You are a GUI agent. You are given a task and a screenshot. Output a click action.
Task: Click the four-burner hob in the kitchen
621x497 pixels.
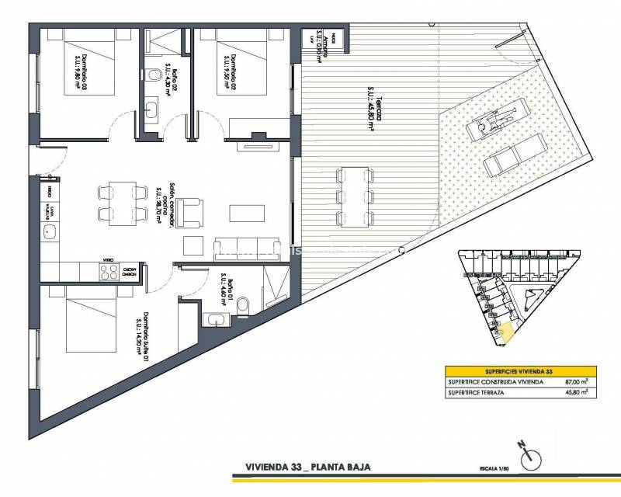pos(106,272)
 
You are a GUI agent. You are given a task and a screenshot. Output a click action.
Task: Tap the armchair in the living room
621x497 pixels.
pos(189,211)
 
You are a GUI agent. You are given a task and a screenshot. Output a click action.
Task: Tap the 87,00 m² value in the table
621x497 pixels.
pos(574,382)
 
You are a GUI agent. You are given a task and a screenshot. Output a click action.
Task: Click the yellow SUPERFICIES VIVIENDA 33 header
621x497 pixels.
pos(518,370)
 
